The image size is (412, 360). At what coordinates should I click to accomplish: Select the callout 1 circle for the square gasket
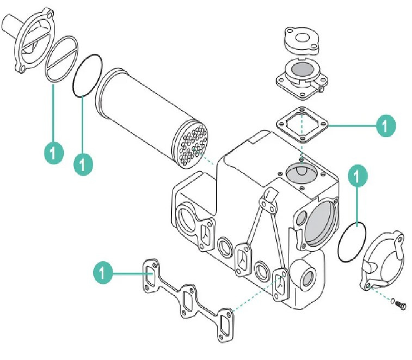tap(386, 126)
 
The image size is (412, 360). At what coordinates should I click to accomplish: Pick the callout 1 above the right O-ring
tap(357, 176)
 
